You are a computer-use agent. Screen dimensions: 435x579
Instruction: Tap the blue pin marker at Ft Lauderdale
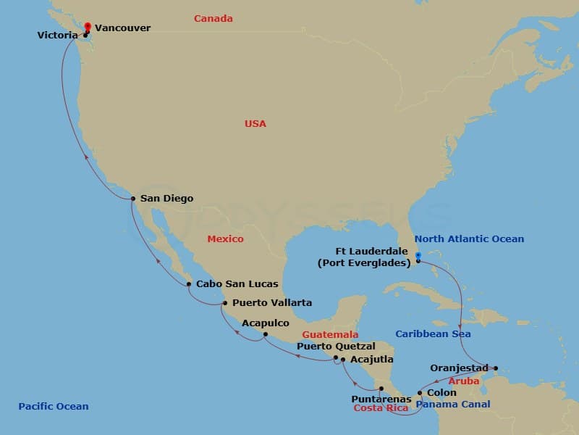(418, 255)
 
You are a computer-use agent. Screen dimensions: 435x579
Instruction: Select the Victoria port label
(58, 34)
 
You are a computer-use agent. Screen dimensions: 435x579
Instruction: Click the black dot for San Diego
(133, 199)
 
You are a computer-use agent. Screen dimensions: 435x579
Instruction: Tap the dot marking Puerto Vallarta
(225, 303)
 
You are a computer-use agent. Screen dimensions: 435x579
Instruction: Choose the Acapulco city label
(266, 323)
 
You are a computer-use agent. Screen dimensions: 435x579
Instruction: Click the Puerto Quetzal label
(336, 347)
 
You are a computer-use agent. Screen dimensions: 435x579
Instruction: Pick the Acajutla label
(372, 359)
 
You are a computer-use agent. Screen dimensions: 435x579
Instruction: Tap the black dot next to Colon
(420, 393)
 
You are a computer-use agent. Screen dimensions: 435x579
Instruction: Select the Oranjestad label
(459, 368)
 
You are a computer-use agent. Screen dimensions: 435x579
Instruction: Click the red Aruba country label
(464, 381)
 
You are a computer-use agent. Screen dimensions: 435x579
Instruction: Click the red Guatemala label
(330, 334)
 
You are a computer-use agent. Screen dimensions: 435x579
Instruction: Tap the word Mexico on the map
(225, 239)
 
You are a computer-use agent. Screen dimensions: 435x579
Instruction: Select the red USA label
(255, 124)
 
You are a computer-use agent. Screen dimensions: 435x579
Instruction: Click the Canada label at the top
(214, 19)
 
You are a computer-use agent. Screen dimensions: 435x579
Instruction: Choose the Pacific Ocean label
(54, 407)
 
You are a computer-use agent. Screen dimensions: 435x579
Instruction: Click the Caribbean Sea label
(433, 334)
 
